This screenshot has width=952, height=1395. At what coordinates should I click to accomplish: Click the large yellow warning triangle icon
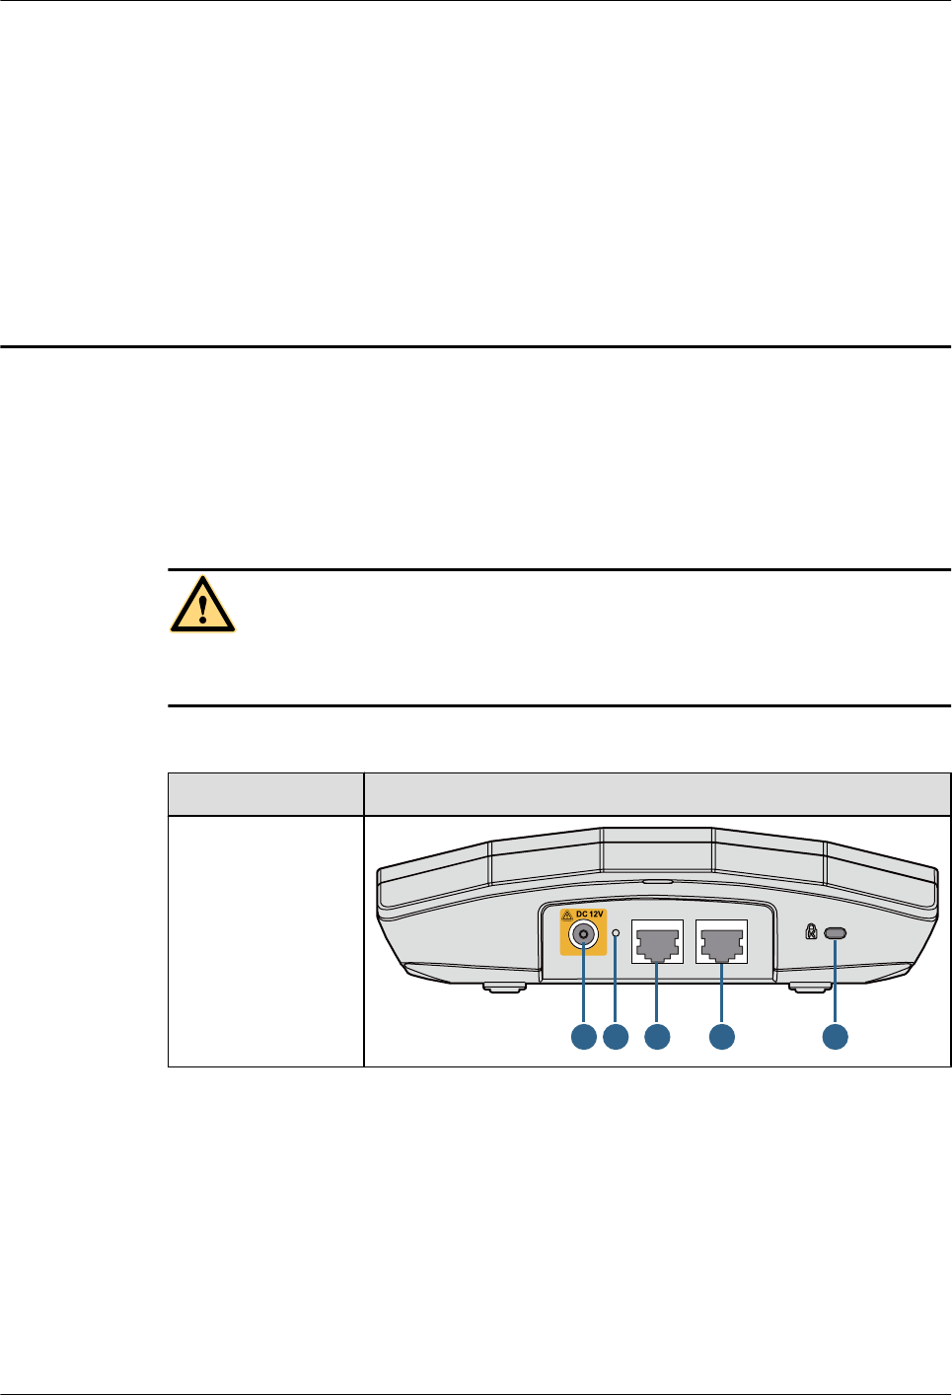[x=202, y=604]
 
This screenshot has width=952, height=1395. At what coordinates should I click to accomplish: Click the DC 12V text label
[x=590, y=915]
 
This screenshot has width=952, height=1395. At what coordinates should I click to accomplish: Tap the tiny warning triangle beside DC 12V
[x=567, y=916]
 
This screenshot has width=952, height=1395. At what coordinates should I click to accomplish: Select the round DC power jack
[x=584, y=935]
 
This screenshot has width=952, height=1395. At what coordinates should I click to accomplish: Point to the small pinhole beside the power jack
[x=617, y=932]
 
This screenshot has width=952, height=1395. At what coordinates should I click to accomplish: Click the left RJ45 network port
[x=657, y=942]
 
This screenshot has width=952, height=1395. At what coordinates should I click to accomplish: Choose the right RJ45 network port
[x=722, y=942]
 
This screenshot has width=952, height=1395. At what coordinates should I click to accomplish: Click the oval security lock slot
[x=836, y=933]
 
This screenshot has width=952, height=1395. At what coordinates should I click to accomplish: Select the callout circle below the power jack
[x=584, y=1036]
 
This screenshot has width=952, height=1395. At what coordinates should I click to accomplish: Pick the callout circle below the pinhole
[x=617, y=1036]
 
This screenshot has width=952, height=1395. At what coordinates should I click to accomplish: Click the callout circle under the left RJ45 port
[x=657, y=1036]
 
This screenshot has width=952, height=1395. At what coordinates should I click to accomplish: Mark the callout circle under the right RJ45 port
[x=722, y=1036]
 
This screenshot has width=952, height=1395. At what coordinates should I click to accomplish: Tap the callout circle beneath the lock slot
[x=836, y=1036]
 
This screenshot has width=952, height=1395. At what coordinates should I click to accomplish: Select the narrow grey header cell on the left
[x=265, y=794]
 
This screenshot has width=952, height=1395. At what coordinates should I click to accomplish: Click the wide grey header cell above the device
[x=657, y=794]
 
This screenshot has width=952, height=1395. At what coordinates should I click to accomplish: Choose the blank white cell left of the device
[x=265, y=941]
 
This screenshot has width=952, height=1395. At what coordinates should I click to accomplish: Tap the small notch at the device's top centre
[x=657, y=883]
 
